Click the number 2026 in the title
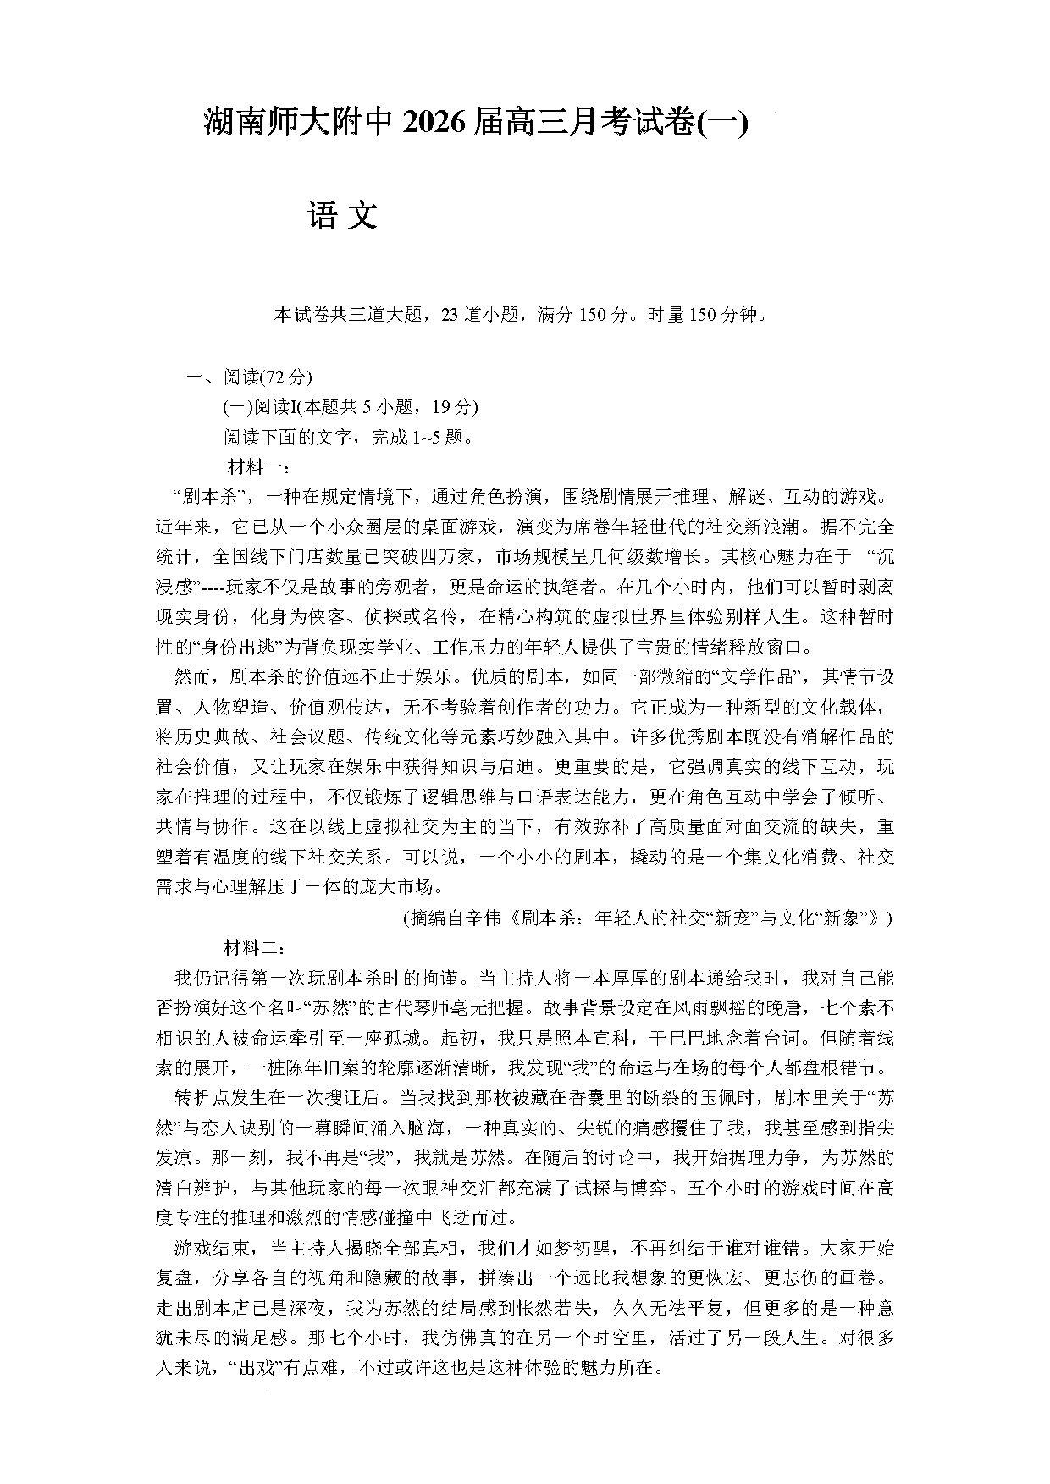(x=434, y=124)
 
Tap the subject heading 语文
(x=342, y=217)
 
